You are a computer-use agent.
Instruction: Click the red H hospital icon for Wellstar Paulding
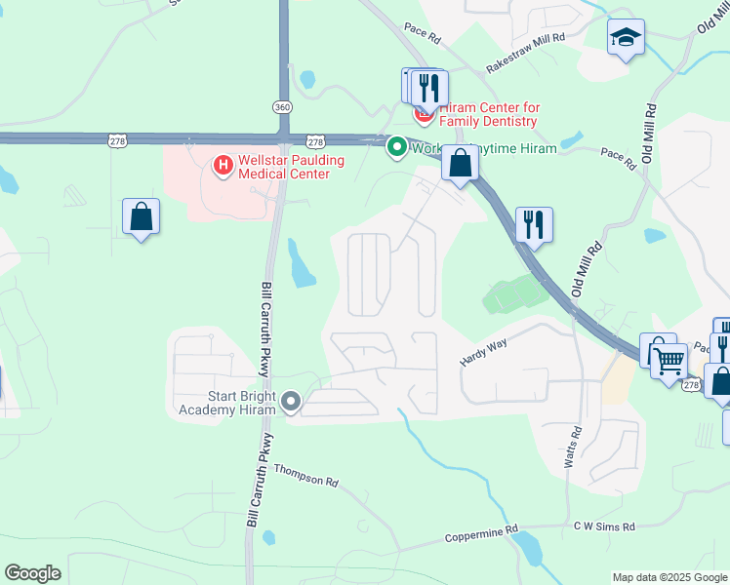click(x=223, y=166)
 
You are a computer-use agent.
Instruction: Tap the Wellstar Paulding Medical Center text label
click(x=284, y=167)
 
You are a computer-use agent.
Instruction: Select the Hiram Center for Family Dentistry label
click(x=489, y=114)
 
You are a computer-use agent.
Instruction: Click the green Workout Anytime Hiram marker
click(x=396, y=148)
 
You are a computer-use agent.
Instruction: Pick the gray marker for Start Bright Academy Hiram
click(x=290, y=402)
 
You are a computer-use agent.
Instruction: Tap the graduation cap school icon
click(x=626, y=38)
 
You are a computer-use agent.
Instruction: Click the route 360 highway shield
click(x=283, y=106)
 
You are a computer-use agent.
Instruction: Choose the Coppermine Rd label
click(x=481, y=534)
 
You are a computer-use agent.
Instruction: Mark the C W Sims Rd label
click(x=604, y=526)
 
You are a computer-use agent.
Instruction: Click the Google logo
click(x=32, y=573)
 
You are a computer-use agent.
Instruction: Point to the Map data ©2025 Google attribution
click(x=669, y=577)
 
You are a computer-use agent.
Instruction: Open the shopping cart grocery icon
click(x=669, y=362)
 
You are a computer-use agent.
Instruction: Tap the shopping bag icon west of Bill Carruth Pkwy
click(x=142, y=216)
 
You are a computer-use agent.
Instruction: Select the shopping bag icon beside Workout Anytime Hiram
click(x=460, y=163)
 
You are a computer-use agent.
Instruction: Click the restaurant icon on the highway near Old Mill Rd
click(x=534, y=223)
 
